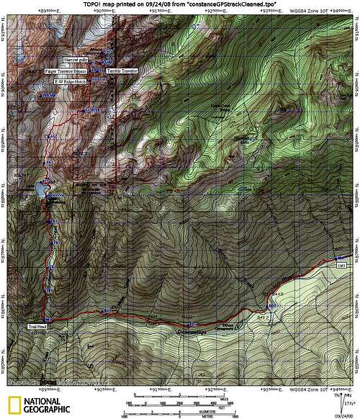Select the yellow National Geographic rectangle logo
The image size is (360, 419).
coord(14,404)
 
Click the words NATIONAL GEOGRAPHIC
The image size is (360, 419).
coord(42,404)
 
